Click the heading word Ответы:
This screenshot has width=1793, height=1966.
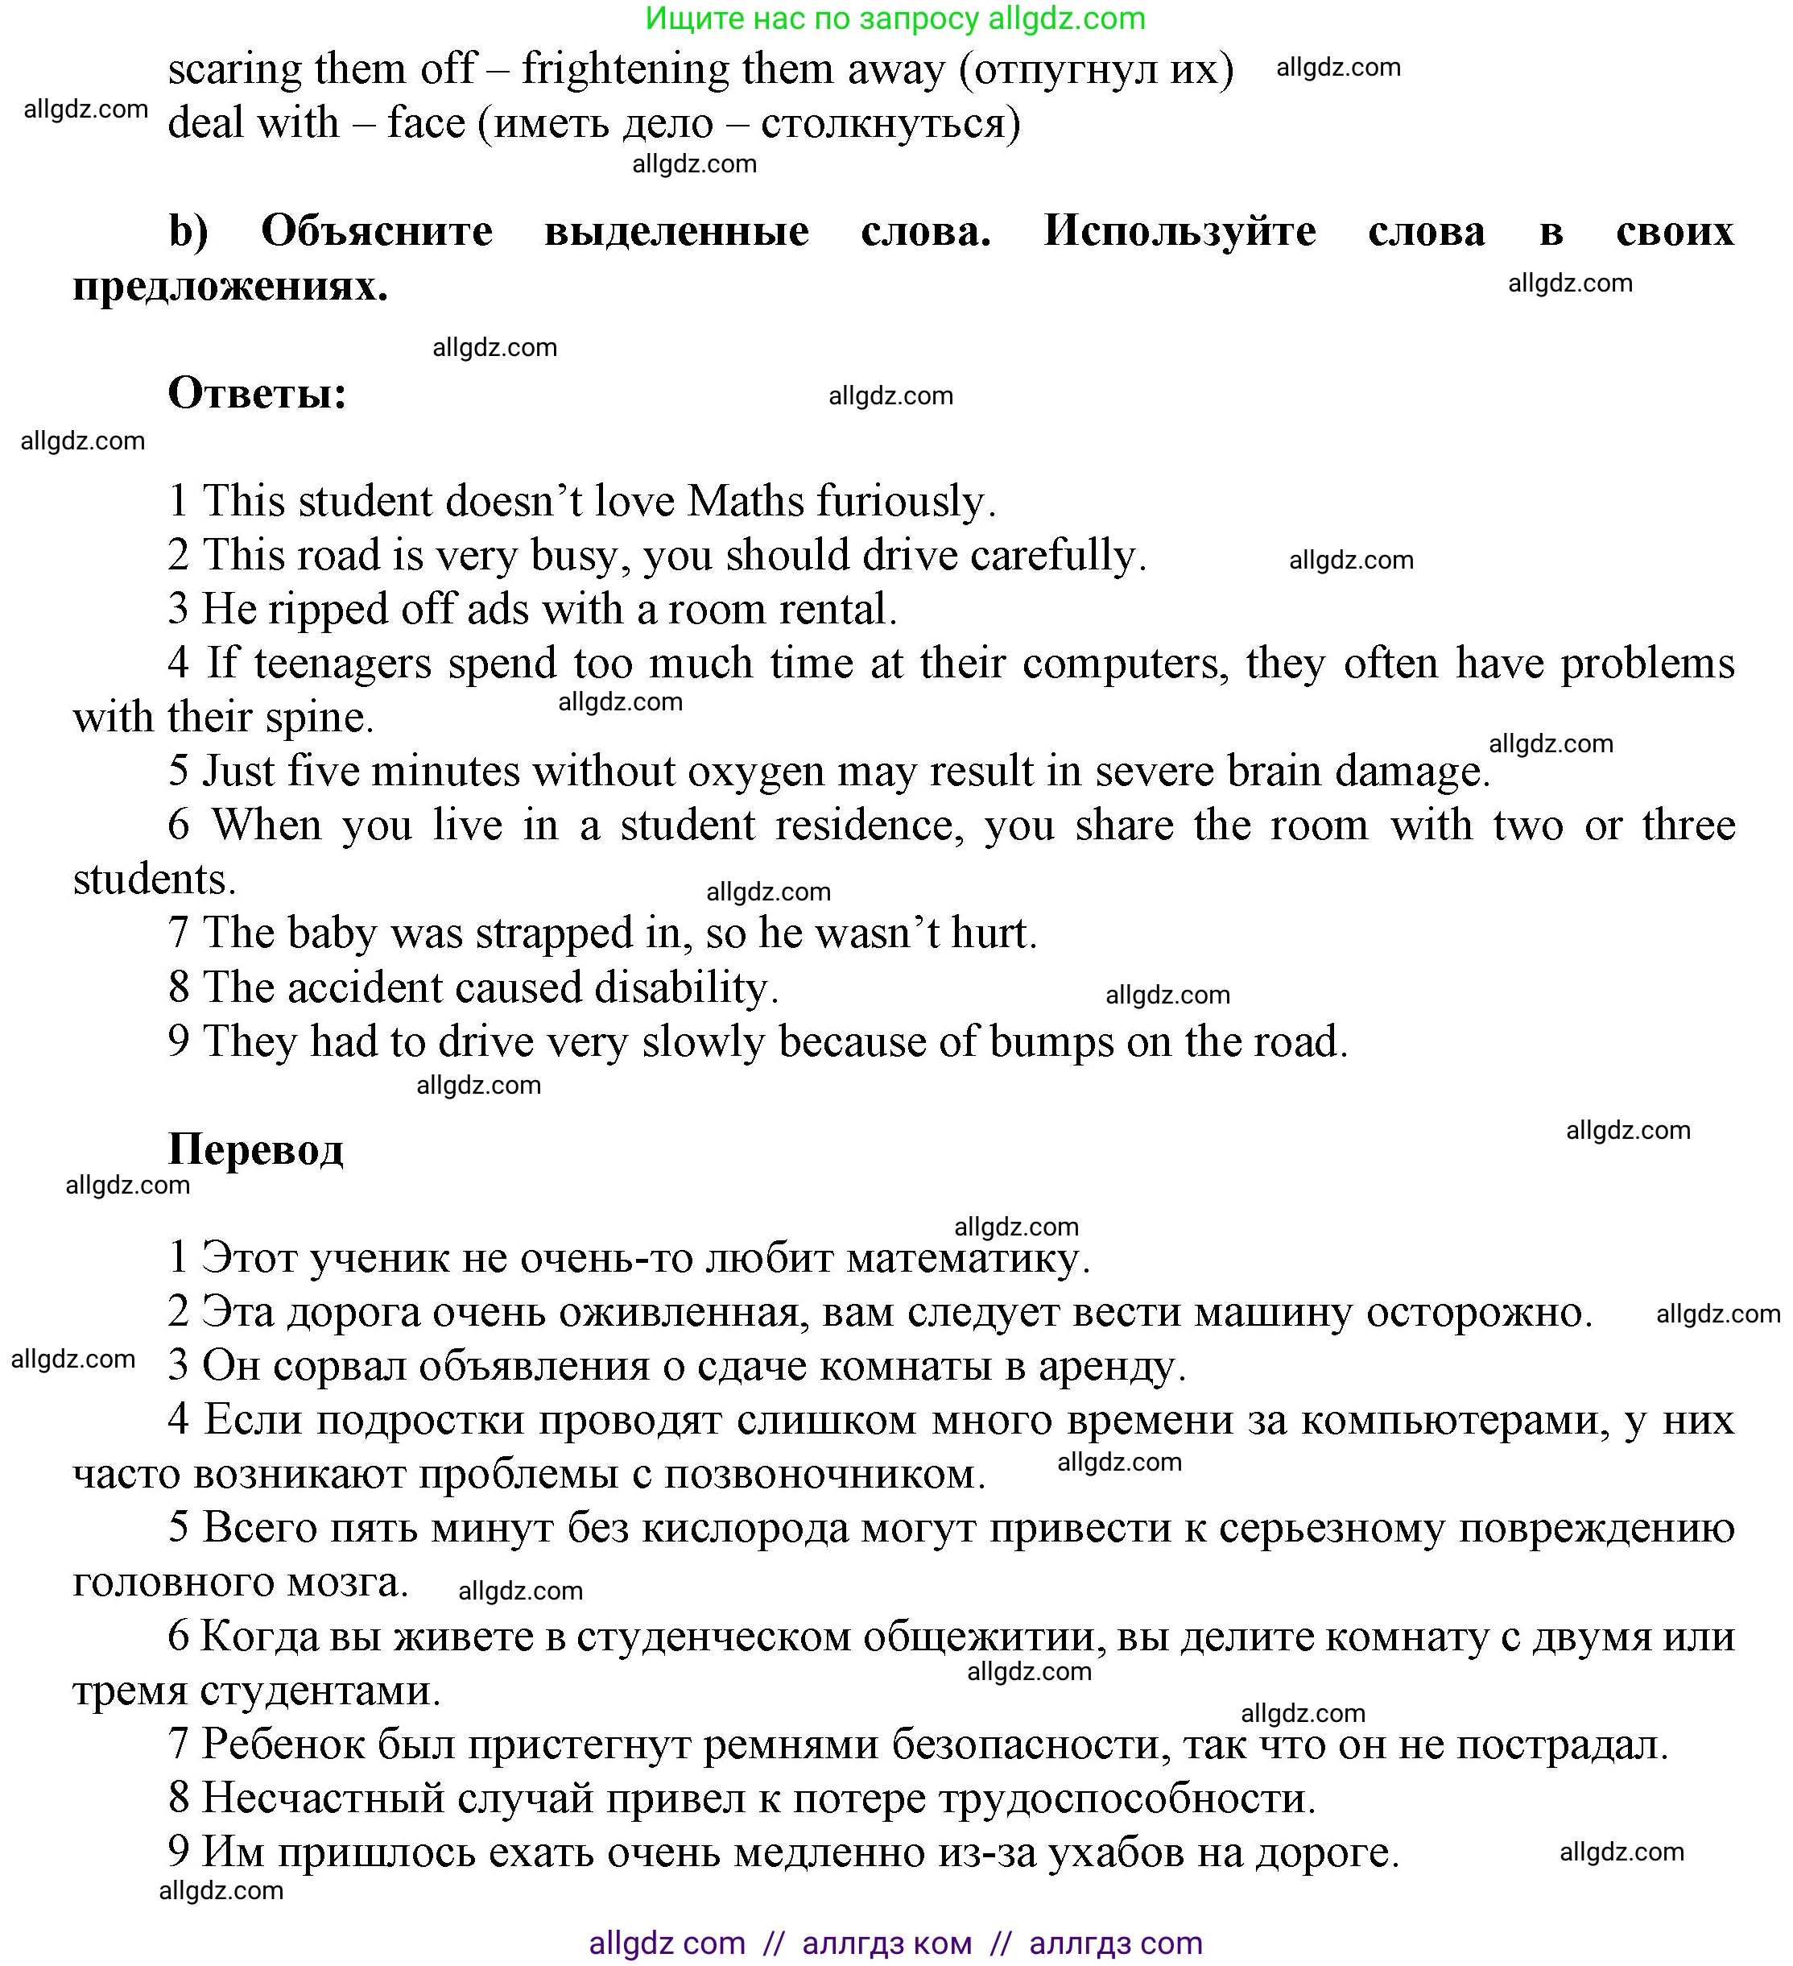258,394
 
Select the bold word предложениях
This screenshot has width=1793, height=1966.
230,287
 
